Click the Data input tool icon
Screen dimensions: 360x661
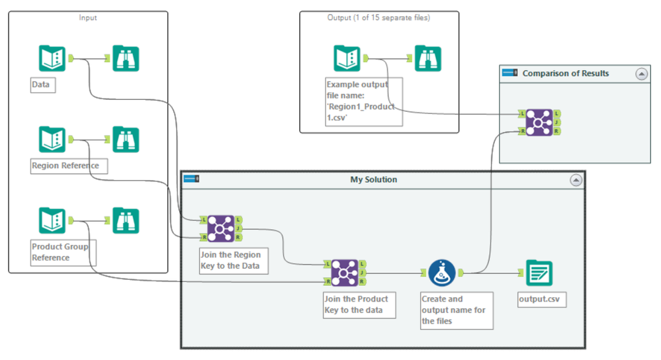click(52, 58)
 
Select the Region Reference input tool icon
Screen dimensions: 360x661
click(52, 140)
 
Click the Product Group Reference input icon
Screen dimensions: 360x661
click(52, 221)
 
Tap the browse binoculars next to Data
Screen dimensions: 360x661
click(126, 58)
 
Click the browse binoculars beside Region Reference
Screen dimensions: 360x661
click(126, 140)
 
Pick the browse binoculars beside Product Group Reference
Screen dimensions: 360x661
click(126, 221)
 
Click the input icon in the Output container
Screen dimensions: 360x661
click(347, 58)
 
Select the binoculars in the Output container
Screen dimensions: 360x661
click(428, 58)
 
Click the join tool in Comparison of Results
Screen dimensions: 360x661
click(539, 122)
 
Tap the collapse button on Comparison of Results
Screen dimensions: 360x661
click(641, 73)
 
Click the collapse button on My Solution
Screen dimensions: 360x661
click(576, 179)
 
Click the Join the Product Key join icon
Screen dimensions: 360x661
click(344, 272)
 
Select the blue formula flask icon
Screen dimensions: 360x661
click(441, 272)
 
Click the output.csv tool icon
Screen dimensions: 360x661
click(539, 272)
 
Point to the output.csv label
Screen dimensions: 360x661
click(542, 300)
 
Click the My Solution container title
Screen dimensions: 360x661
click(373, 179)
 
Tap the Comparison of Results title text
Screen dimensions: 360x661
click(566, 73)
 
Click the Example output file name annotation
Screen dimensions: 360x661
click(363, 101)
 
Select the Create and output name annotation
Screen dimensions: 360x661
click(457, 310)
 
